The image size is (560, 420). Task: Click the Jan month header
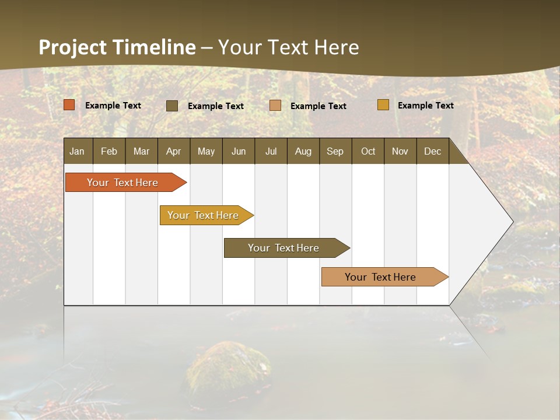click(78, 151)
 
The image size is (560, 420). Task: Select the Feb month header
click(109, 151)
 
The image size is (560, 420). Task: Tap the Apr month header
click(174, 151)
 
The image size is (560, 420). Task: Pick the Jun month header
click(239, 151)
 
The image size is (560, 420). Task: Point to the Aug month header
click(303, 151)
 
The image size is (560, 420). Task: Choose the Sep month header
click(335, 151)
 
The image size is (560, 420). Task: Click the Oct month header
click(368, 151)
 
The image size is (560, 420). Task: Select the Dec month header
click(433, 151)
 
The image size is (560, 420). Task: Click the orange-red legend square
click(69, 105)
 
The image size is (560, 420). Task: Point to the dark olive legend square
click(172, 106)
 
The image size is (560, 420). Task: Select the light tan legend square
click(275, 106)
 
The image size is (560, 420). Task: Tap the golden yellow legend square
click(383, 105)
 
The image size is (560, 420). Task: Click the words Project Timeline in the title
click(117, 47)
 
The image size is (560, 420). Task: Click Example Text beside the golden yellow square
click(425, 106)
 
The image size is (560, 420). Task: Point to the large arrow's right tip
click(512, 222)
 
